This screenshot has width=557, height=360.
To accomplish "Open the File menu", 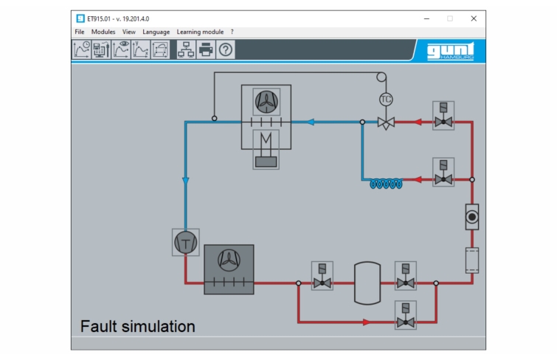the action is coord(79,32).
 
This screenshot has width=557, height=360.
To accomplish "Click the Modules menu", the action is coord(103,32).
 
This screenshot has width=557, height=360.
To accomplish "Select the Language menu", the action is coord(156,32).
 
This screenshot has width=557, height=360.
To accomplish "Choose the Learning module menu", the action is coord(200,32).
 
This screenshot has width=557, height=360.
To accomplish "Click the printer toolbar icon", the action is coord(206,49).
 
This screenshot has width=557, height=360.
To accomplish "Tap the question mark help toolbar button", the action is coord(226,49).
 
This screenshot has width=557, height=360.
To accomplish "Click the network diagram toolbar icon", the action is coord(186,49).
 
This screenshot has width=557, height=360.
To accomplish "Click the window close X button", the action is coord(474,18).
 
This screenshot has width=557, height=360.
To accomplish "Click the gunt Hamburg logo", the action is coord(451,51).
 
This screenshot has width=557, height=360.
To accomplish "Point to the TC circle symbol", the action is coord(386,100).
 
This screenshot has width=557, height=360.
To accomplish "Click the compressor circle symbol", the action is coord(185,243).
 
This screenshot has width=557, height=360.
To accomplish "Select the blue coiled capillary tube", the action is coord(386,184).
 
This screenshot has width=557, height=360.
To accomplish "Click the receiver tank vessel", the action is coord(367,283).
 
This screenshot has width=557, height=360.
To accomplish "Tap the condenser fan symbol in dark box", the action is coord(229,260).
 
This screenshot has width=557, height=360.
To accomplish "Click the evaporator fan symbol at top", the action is coord(266,102).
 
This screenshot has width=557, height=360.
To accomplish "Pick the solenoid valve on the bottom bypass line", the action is coord(406,315).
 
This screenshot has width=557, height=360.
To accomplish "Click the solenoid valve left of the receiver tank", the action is coord(322,276).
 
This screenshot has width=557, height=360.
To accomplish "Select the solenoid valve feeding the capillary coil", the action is coord(443,172).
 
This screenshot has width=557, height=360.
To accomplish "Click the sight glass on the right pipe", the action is coord(472,217).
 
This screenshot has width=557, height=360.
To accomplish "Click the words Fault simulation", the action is coord(138,326).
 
